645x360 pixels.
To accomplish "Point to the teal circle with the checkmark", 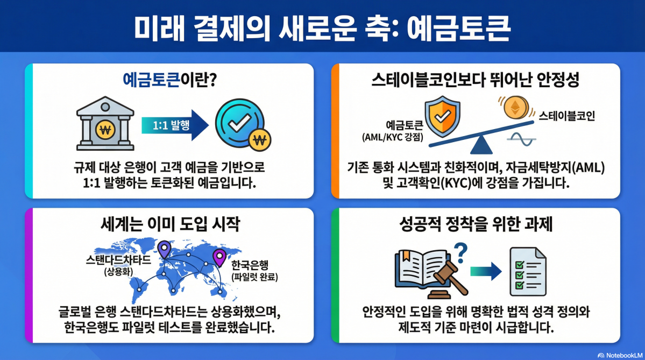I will pyautogui.click(x=236, y=123).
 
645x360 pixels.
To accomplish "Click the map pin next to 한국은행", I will pyautogui.click(x=219, y=258).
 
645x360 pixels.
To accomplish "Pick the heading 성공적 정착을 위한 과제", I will pyautogui.click(x=476, y=225).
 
